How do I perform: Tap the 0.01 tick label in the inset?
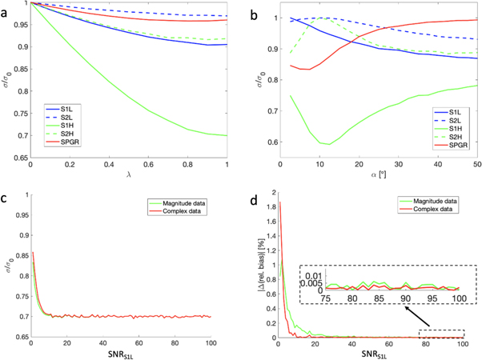tap(312, 274)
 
